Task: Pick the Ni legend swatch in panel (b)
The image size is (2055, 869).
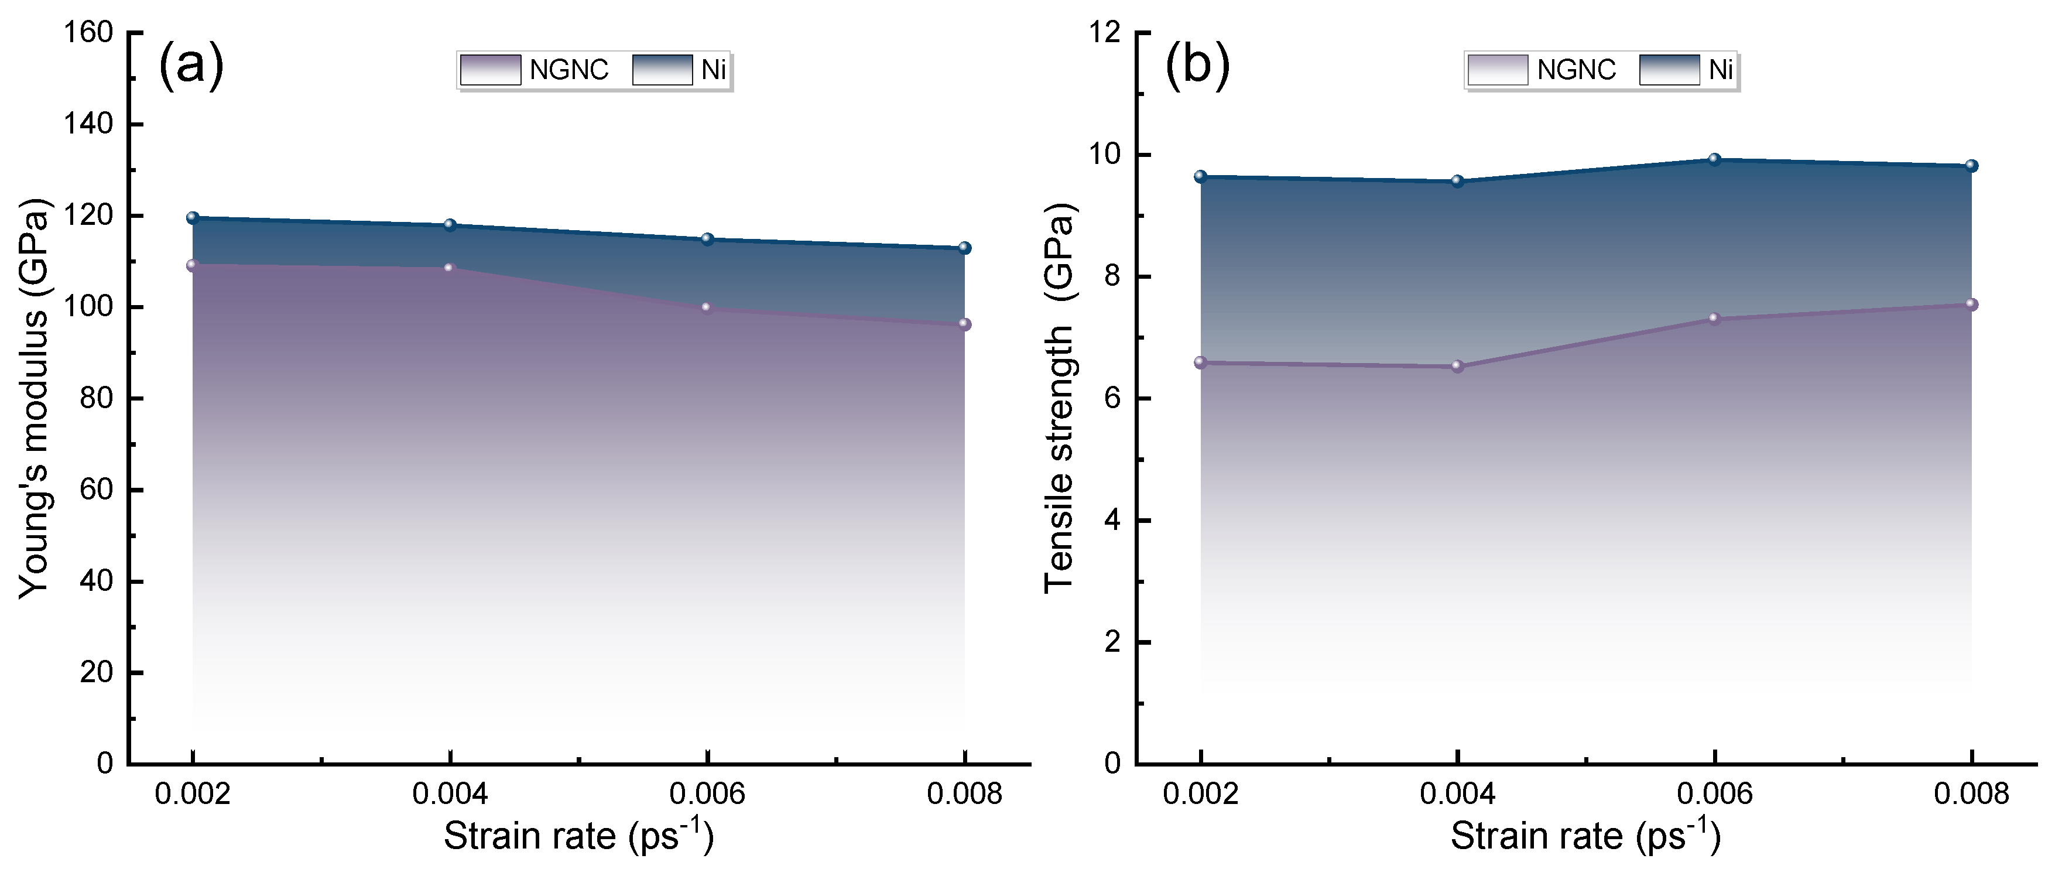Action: (1670, 70)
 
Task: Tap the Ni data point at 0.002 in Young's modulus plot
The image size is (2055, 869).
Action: (192, 218)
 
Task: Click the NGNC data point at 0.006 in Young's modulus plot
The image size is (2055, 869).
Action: (706, 308)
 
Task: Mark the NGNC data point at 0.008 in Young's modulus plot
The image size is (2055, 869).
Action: (964, 324)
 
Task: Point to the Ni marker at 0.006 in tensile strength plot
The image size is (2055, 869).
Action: (1714, 160)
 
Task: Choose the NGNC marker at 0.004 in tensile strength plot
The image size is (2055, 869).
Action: (1457, 366)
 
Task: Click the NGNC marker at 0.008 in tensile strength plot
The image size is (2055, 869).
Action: (1971, 304)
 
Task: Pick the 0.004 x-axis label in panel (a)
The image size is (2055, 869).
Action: (450, 795)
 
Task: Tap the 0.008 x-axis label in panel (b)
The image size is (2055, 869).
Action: (1971, 795)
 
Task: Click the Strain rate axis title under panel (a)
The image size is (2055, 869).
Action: (578, 836)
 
